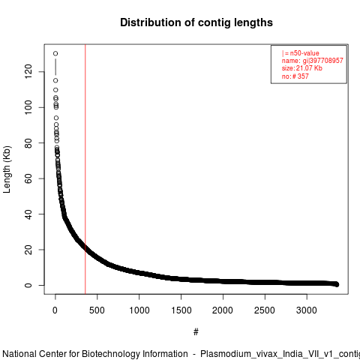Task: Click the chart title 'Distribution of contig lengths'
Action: [196, 22]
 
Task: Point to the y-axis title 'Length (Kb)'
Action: [7, 169]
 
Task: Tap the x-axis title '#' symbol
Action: [196, 331]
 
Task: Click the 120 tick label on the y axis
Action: [28, 71]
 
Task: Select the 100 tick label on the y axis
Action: [28, 107]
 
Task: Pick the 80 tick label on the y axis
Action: [28, 142]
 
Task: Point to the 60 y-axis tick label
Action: [28, 178]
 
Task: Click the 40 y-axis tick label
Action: [28, 214]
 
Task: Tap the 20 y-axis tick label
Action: [28, 250]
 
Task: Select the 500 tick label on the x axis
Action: [97, 310]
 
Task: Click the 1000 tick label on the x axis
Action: [139, 310]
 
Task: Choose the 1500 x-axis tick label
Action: [181, 310]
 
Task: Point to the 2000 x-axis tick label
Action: [223, 310]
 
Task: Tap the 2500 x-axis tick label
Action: [265, 310]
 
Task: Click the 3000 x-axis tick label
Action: [307, 310]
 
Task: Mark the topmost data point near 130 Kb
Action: [55, 53]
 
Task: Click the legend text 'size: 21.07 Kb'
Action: [302, 68]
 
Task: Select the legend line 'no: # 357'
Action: [295, 76]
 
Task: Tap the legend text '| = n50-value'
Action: [301, 53]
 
